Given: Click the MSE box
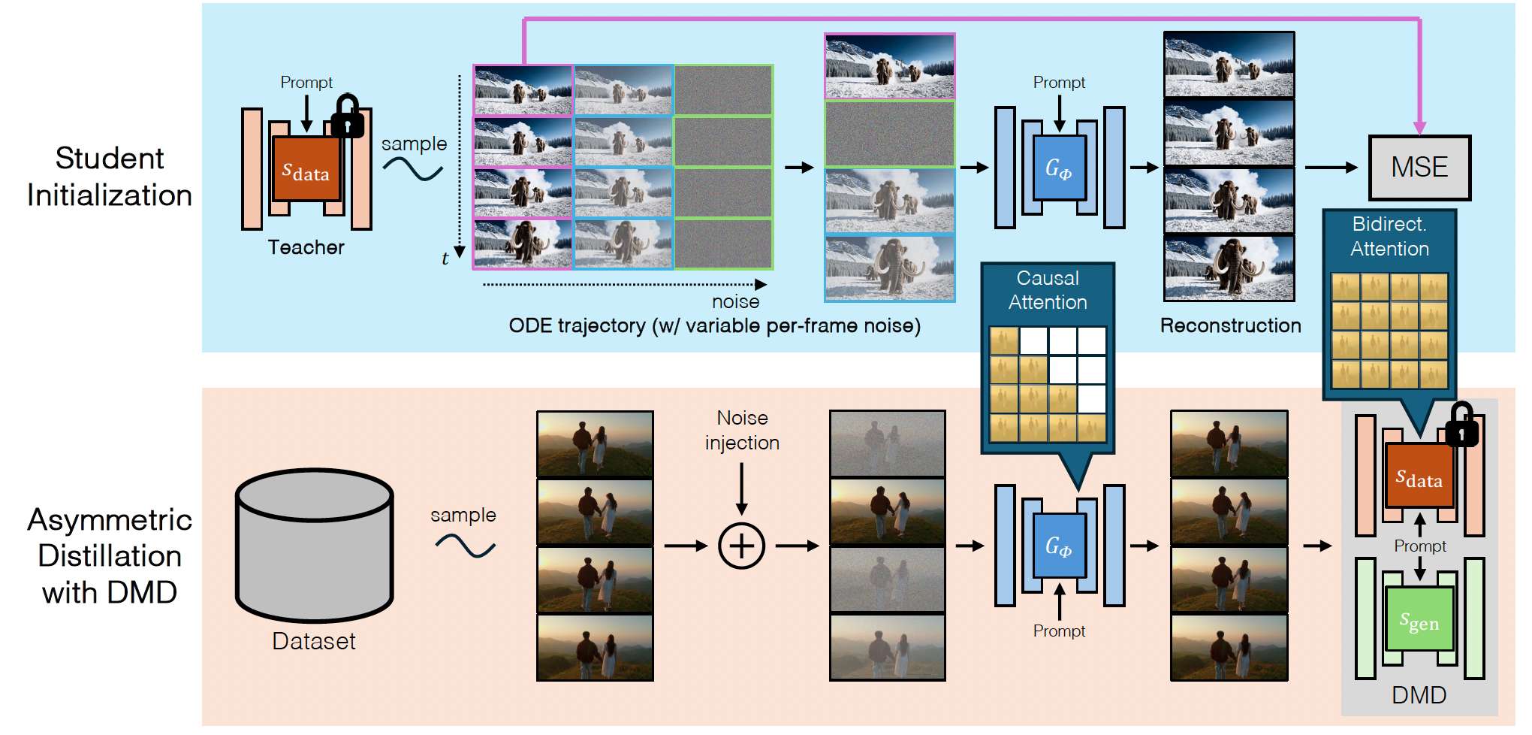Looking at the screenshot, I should click(x=1419, y=168).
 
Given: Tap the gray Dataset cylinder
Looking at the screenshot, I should click(x=314, y=545).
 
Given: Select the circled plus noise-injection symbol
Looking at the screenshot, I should click(x=741, y=546).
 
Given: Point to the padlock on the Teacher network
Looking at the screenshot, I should click(x=347, y=116).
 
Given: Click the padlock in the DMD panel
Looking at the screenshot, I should click(x=1461, y=425).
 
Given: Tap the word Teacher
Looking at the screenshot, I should click(x=306, y=247).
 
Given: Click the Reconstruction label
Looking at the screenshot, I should click(x=1230, y=325).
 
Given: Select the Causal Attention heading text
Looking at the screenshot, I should click(x=1048, y=290).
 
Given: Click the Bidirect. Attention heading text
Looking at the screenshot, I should click(x=1389, y=236).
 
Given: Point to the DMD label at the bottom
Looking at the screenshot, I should click(x=1419, y=695).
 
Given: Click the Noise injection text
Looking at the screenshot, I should click(x=742, y=430).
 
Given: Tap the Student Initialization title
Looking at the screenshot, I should click(x=110, y=177).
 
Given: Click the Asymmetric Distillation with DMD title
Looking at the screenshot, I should click(x=110, y=556).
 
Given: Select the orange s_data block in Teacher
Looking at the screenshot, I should click(x=306, y=170).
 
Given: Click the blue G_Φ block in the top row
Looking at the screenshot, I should click(x=1059, y=168).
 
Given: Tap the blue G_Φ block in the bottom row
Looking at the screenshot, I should click(x=1059, y=546).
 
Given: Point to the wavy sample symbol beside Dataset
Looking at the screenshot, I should click(x=465, y=546).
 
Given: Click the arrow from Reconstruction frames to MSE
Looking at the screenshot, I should click(x=1331, y=168).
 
